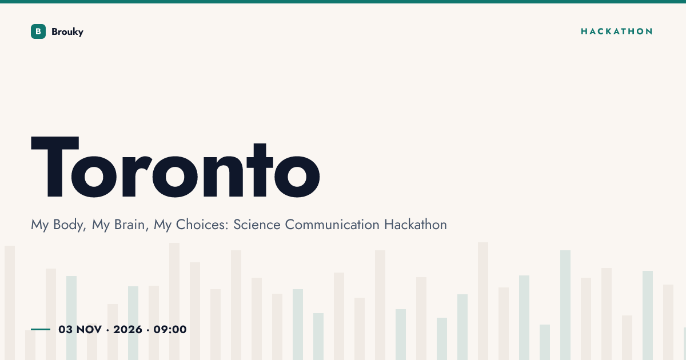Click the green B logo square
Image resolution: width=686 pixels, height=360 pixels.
[38, 31]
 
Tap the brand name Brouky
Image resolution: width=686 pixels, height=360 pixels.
[67, 32]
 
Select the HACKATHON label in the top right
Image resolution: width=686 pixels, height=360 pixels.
[616, 31]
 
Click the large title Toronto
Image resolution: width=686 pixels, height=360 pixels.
[176, 167]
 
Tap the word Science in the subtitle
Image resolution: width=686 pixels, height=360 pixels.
[257, 225]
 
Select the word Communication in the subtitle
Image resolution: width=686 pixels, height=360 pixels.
[332, 225]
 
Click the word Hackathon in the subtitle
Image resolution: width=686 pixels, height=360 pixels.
[416, 225]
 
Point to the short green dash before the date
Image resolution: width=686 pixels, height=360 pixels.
[41, 329]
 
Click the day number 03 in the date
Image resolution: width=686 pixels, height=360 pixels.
[66, 330]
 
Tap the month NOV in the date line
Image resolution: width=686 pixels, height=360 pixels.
[89, 330]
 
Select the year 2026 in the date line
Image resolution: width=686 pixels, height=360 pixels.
[127, 330]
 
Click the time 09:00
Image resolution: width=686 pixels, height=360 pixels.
[170, 330]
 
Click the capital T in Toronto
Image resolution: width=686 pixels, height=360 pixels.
[55, 167]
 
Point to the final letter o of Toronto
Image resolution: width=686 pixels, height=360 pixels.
[297, 177]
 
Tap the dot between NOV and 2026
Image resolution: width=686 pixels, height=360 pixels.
[107, 330]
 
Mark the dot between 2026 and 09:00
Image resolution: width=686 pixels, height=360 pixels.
[148, 330]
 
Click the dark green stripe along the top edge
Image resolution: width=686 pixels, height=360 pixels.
[343, 2]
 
